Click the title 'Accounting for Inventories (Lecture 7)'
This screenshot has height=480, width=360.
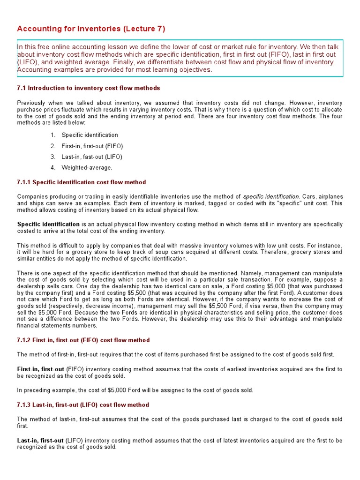[91, 29]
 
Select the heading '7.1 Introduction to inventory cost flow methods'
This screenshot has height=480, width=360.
[89, 88]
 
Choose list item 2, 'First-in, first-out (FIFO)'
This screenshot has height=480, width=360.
[95, 146]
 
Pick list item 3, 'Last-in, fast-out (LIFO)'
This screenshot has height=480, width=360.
[95, 157]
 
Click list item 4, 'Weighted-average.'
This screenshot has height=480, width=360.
[87, 167]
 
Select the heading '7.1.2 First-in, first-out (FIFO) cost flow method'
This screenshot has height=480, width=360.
[83, 340]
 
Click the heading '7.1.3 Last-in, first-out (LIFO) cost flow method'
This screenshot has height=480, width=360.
[83, 405]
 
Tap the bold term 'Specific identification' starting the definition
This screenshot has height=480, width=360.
[48, 225]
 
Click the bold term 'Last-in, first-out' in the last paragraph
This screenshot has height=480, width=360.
[40, 441]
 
